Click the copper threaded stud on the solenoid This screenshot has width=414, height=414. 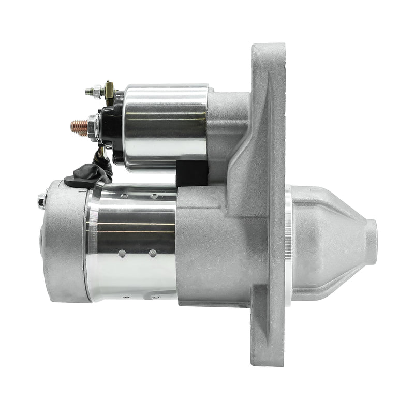pos(79,128)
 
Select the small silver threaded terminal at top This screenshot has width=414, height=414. pos(92,92)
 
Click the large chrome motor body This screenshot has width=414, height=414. pos(132,243)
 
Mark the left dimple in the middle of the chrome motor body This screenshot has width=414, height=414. pos(122,254)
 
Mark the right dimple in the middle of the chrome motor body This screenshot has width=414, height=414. pos(153,254)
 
